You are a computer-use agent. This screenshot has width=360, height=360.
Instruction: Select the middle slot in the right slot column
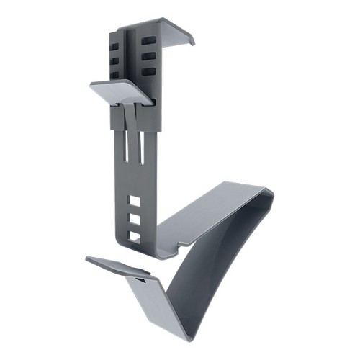[147, 56]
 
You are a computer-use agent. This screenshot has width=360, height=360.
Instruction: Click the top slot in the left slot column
[116, 45]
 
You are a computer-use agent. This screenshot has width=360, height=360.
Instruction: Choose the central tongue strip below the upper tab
[131, 115]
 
